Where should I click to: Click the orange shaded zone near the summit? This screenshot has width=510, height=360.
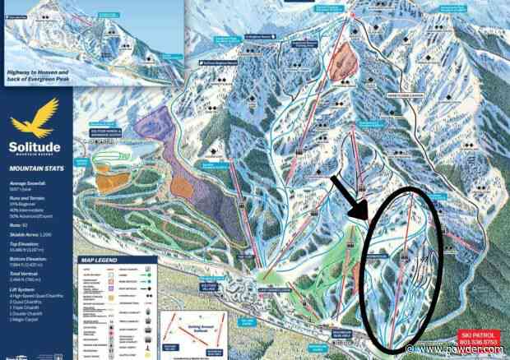[x=341, y=62]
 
